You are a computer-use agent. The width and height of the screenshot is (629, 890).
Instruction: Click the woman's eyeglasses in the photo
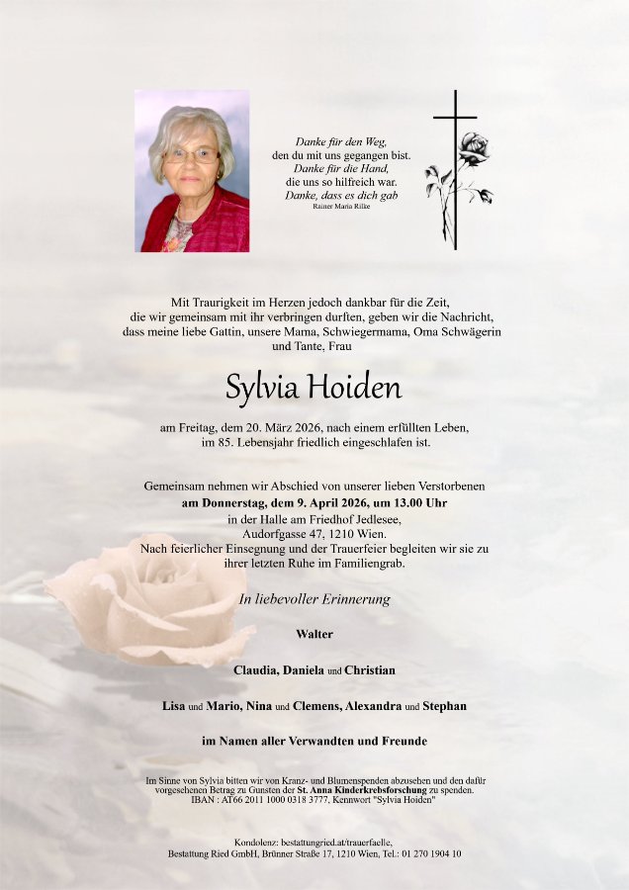pyautogui.click(x=191, y=155)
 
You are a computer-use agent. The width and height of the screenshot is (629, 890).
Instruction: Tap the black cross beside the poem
pyautogui.click(x=456, y=168)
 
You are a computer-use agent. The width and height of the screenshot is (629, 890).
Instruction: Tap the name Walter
pyautogui.click(x=314, y=633)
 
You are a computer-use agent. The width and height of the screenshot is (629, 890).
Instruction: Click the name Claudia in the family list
pyautogui.click(x=255, y=669)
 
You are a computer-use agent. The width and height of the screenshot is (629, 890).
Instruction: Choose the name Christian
pyautogui.click(x=370, y=669)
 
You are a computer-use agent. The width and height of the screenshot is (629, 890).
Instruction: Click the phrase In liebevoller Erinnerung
pyautogui.click(x=314, y=599)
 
